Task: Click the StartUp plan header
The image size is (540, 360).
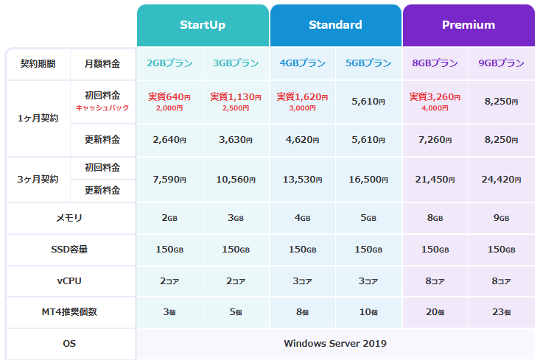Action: tap(203, 25)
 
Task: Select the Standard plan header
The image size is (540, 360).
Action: tap(335, 25)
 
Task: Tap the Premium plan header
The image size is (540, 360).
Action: tap(469, 25)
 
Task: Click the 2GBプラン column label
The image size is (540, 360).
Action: tap(169, 63)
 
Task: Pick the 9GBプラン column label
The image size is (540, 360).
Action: tap(501, 63)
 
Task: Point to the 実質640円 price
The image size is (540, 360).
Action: tap(169, 96)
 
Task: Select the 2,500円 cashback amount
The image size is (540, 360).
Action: tap(236, 108)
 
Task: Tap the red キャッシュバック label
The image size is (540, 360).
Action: tap(102, 107)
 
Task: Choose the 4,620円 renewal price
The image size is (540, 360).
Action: tap(302, 140)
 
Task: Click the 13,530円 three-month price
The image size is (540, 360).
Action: tap(302, 179)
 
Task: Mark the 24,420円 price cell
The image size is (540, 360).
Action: tap(501, 179)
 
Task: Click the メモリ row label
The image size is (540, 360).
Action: tap(69, 218)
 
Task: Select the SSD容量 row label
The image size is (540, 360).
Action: tap(69, 250)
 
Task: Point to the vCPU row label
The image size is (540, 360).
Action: tap(69, 281)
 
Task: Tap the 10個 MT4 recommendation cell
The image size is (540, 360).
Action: tap(368, 312)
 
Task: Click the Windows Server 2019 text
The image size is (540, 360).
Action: tap(335, 344)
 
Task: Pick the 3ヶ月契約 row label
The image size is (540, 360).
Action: tap(37, 179)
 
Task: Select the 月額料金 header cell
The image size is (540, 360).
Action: tap(102, 63)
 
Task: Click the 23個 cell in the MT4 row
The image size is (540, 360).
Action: tap(501, 312)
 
